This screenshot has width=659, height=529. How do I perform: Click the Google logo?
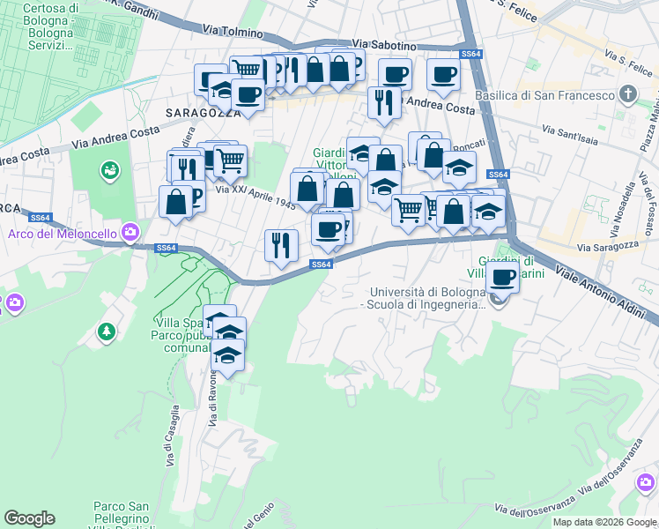tap(29, 518)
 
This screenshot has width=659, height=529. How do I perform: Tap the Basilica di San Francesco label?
tap(544, 95)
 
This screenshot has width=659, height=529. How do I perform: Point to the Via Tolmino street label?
tap(233, 33)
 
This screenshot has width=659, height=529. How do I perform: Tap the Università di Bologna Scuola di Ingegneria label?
tap(427, 298)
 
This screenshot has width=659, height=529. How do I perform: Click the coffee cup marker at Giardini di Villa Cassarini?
tap(503, 279)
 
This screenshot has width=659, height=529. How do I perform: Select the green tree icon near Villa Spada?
tap(107, 332)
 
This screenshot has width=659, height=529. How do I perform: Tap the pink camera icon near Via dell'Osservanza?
tap(647, 482)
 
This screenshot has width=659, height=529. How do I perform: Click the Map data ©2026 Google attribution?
tap(604, 522)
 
